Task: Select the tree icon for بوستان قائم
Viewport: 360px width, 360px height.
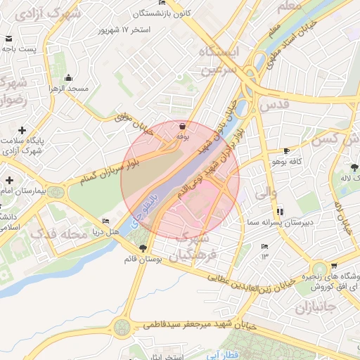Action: (x=143, y=248)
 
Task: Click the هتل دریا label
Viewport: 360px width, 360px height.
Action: (x=109, y=231)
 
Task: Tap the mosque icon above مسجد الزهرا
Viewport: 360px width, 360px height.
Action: (x=68, y=78)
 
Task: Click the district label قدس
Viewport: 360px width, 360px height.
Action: (x=275, y=105)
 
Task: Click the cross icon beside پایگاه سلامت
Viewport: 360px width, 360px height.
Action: (x=22, y=131)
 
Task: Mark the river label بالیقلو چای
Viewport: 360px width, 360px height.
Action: (x=148, y=209)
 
